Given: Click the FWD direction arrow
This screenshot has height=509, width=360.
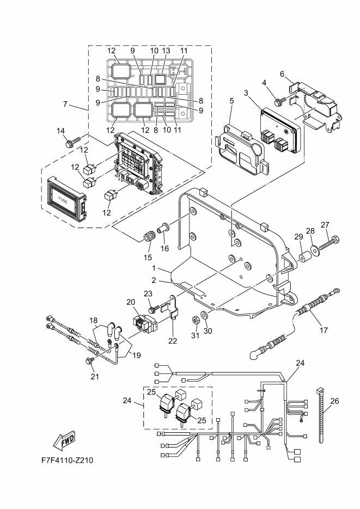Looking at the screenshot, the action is point(64,440).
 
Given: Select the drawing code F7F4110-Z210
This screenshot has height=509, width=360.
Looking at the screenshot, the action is point(67,461).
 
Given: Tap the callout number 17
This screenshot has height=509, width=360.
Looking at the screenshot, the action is point(324,330).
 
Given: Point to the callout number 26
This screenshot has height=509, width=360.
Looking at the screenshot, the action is point(334,401).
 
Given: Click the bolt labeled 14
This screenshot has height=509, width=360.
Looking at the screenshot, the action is point(73,142).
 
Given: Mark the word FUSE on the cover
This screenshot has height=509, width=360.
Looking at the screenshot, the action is point(63,201).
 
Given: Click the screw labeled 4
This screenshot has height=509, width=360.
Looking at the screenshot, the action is point(279,102).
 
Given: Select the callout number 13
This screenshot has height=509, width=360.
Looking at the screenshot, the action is point(166,51).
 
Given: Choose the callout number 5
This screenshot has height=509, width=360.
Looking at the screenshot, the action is point(231,101).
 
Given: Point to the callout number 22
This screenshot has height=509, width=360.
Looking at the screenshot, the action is point(173,341).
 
